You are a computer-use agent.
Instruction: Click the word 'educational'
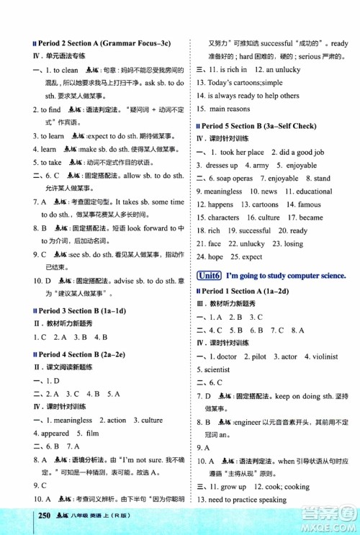pyautogui.click(x=314, y=192)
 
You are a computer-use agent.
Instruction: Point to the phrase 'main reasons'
pyautogui.click(x=230, y=109)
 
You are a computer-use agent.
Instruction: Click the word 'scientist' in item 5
pyautogui.click(x=213, y=369)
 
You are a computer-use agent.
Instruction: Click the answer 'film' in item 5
pyautogui.click(x=91, y=433)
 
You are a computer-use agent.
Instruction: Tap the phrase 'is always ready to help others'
pyautogui.click(x=253, y=96)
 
